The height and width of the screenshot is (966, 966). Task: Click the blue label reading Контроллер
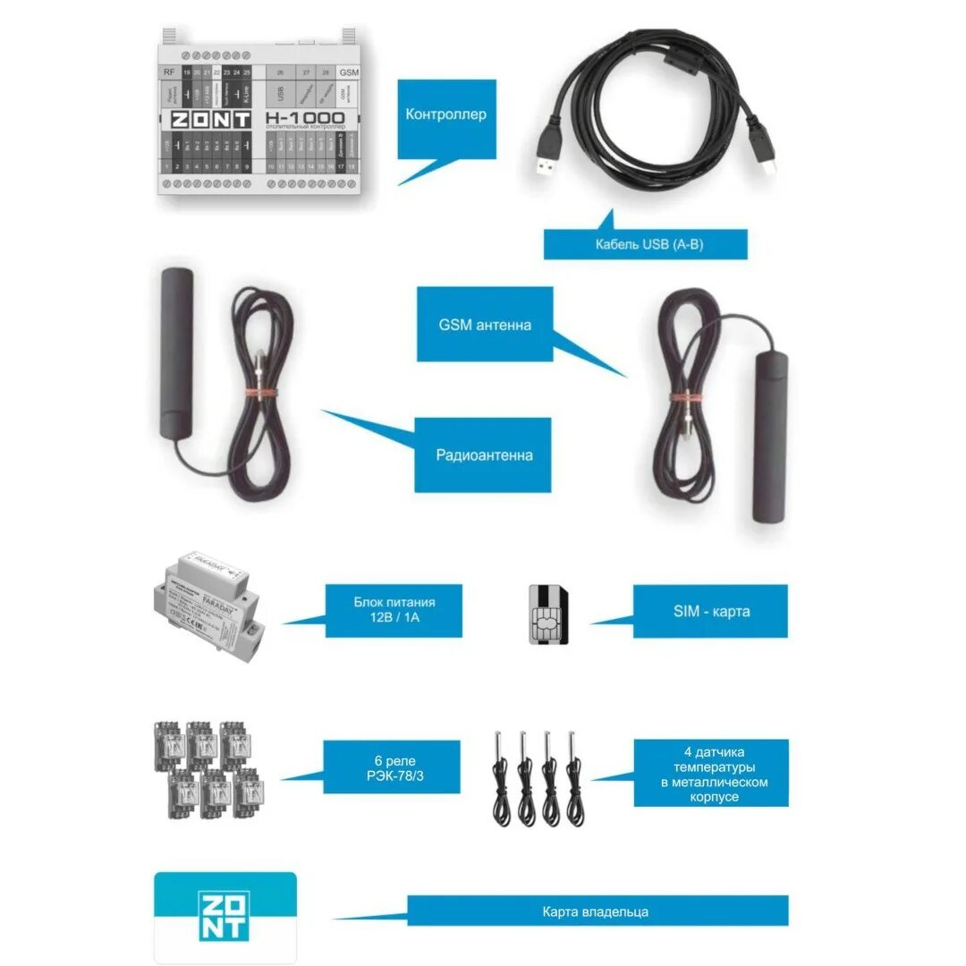click(446, 114)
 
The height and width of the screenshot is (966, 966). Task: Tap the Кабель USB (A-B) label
click(645, 244)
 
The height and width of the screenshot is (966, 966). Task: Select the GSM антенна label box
click(485, 325)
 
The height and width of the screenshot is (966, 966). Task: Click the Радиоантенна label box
click(484, 455)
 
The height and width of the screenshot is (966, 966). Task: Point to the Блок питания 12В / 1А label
click(394, 611)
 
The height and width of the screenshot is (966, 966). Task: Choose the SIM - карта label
click(711, 612)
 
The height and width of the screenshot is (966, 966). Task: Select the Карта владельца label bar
click(597, 911)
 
